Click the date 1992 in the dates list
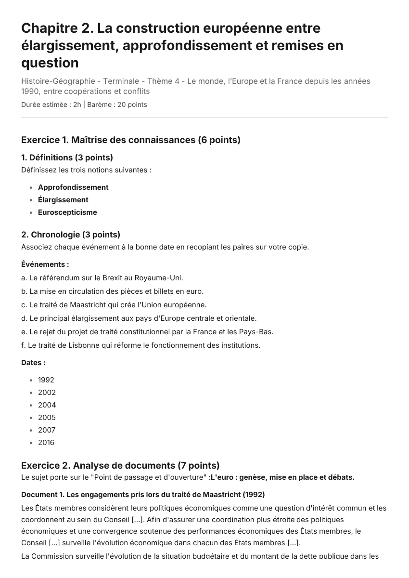[x=46, y=380]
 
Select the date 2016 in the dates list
[x=46, y=443]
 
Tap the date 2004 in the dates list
[x=47, y=405]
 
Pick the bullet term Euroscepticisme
[x=67, y=212]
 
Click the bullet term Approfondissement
[x=73, y=187]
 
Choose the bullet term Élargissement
[x=63, y=200]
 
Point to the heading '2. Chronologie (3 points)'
[x=71, y=235]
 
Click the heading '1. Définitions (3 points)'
[x=67, y=158]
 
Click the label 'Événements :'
[x=45, y=264]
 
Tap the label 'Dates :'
[x=34, y=363]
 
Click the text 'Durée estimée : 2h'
[x=51, y=105]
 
